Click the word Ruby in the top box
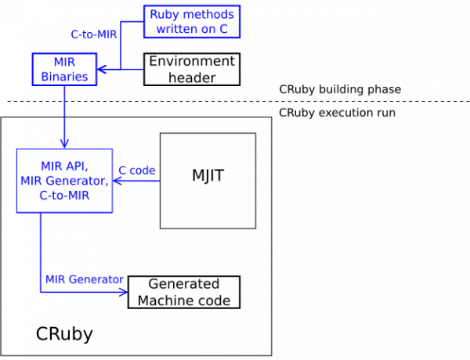(164, 14)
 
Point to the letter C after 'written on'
(223, 29)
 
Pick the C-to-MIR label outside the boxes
(93, 34)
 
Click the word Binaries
(64, 77)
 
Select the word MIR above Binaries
(64, 62)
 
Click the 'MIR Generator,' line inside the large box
(64, 182)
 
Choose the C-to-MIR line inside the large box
(64, 196)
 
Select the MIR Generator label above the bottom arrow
(84, 279)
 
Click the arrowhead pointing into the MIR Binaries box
(102, 70)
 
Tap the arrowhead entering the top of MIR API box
(64, 143)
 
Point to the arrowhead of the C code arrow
(117, 181)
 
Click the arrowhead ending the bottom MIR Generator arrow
(123, 293)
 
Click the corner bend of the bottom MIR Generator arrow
(40, 293)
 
